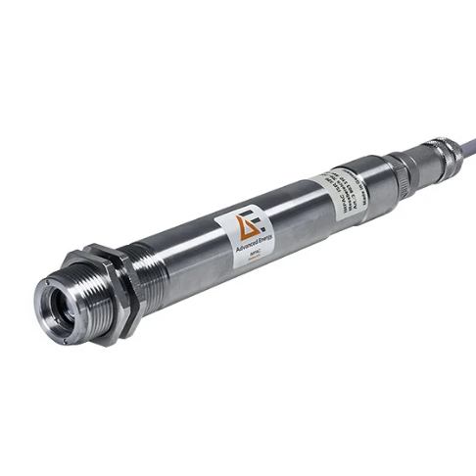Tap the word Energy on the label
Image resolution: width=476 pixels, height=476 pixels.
pos(257,242)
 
